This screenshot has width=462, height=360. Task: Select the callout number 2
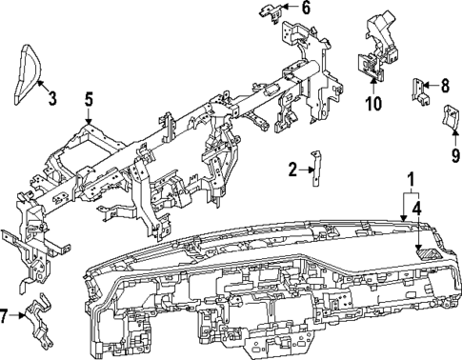pos(292,170)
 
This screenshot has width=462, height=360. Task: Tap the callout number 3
pos(51,96)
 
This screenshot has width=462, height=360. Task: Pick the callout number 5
pos(88,99)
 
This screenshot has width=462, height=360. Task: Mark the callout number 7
pos(8,315)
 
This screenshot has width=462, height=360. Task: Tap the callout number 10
pos(372,102)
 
